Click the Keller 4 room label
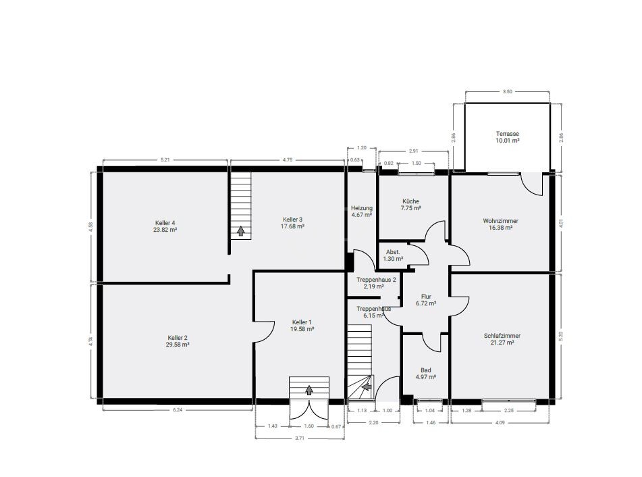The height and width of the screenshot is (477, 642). tap(165, 223)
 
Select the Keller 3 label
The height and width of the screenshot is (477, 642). tap(292, 219)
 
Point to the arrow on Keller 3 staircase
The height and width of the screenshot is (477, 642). tap(240, 231)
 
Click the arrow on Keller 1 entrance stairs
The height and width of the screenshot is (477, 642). tap(309, 390)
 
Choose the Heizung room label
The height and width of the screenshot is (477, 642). tap(361, 207)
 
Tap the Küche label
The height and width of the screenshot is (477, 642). tap(410, 201)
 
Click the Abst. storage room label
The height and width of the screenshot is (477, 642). tap(394, 251)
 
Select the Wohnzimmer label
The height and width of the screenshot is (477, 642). tap(500, 221)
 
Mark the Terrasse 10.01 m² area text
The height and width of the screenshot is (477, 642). tap(507, 141)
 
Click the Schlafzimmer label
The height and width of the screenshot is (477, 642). tap(502, 336)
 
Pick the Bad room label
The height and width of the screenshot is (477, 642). tap(425, 370)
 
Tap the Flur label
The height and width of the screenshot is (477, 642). tap(426, 297)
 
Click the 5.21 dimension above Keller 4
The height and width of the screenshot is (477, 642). tap(165, 160)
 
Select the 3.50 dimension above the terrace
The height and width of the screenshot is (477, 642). tap(507, 91)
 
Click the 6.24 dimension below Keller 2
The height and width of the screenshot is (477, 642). tap(177, 409)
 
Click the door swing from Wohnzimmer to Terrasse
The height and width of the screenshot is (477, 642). tap(533, 184)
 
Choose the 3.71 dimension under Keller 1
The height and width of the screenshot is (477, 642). tap(300, 438)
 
